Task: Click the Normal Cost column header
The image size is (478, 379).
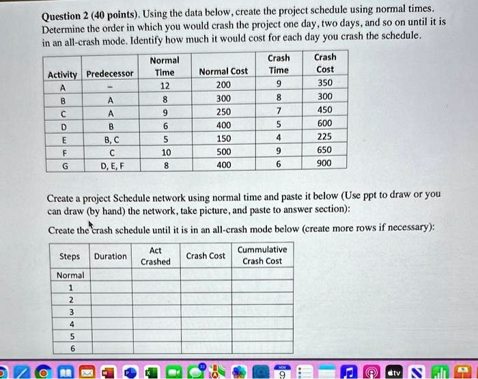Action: [223, 72]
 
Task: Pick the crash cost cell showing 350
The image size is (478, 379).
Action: [325, 83]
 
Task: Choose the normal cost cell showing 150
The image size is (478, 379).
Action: [223, 138]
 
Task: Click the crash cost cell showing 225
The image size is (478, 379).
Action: [325, 136]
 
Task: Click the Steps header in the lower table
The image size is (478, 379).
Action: [70, 256]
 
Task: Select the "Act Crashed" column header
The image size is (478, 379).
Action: [156, 256]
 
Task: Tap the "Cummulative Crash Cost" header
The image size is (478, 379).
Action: [262, 255]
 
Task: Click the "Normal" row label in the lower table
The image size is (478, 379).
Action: [70, 275]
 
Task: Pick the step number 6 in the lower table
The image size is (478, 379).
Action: [70, 348]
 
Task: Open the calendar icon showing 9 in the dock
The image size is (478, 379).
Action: [282, 371]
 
